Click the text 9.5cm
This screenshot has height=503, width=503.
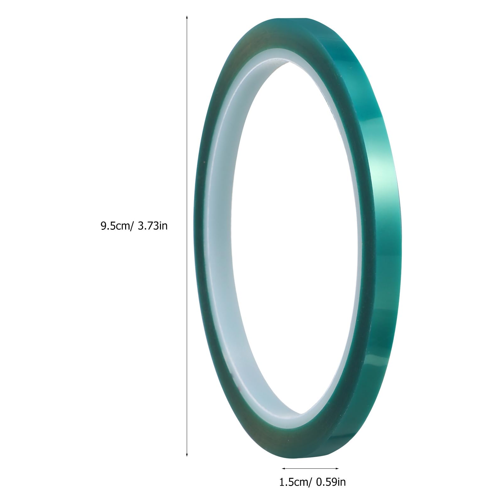pos(115,226)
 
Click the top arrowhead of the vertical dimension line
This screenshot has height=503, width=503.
pos(187,17)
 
